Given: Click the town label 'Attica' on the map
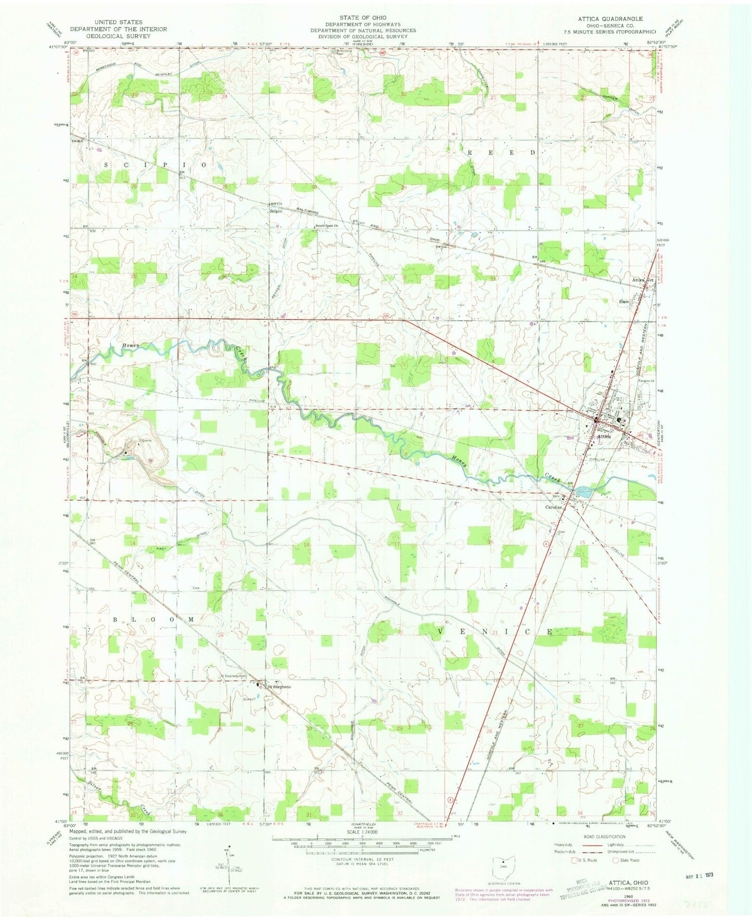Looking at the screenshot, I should click(x=604, y=436).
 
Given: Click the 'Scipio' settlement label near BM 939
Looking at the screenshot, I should click(x=276, y=211).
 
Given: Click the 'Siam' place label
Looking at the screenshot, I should click(x=623, y=301).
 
